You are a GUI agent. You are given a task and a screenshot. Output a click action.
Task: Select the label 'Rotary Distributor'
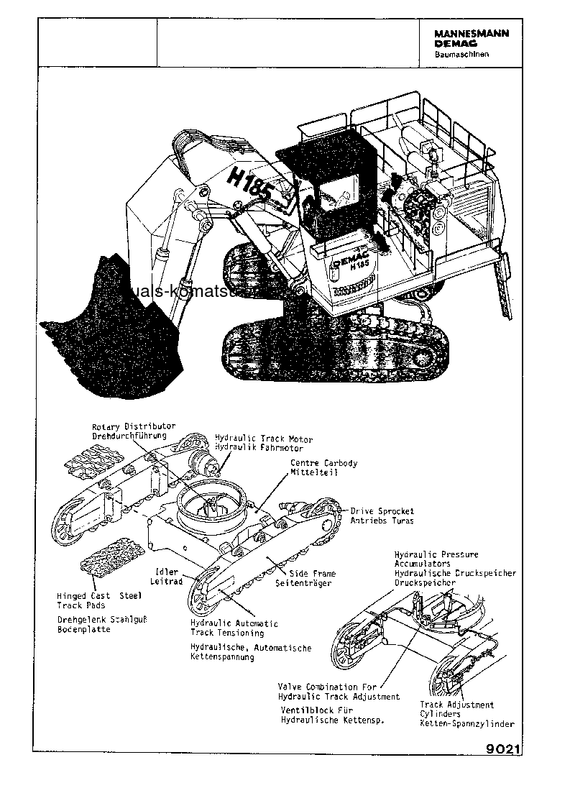(x=133, y=426)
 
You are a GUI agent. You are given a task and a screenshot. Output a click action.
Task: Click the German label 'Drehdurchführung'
(x=129, y=436)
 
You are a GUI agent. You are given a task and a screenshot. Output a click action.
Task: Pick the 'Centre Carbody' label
(x=323, y=463)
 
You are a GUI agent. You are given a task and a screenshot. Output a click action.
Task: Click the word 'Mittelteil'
(x=314, y=472)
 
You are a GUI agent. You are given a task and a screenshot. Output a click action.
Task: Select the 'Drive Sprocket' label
(x=382, y=511)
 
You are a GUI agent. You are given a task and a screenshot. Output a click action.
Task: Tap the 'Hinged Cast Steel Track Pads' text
(x=99, y=600)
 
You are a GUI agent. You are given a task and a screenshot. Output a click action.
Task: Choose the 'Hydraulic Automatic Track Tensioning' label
(x=234, y=628)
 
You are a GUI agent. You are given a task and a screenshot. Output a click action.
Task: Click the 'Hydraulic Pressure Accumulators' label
(x=436, y=559)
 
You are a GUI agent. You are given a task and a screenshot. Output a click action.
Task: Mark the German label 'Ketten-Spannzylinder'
(x=466, y=723)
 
